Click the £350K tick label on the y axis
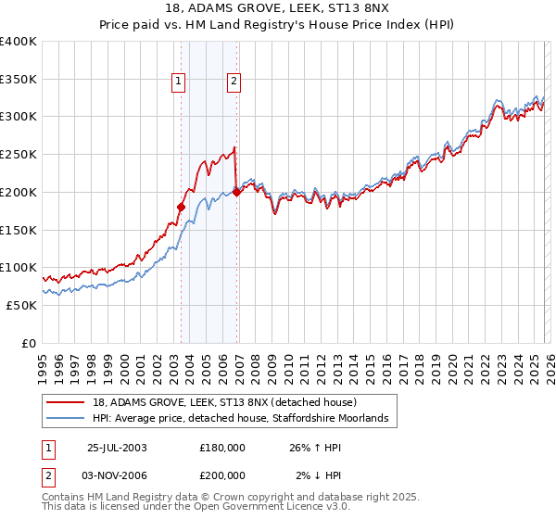[19, 79]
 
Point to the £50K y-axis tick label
[21, 305]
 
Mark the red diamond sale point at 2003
[182, 207]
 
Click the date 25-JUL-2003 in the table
[117, 447]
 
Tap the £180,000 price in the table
[222, 447]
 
